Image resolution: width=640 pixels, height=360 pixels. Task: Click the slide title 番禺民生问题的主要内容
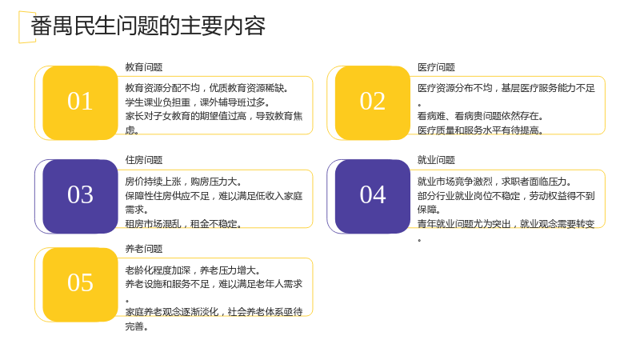coord(148,26)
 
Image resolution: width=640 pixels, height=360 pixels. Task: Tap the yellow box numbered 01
coord(81,103)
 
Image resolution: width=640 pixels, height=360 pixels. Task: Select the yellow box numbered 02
coord(373,103)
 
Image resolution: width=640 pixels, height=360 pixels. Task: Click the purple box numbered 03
coord(81,196)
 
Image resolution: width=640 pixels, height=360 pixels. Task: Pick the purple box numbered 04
coord(373,196)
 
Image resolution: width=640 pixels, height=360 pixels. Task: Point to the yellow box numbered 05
coord(81,285)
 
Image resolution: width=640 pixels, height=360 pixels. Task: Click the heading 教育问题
coord(144,67)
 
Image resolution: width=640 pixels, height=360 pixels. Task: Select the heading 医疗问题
coord(436,67)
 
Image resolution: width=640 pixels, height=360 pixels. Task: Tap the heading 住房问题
coord(144,160)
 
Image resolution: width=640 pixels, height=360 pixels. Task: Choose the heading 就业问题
coord(436,160)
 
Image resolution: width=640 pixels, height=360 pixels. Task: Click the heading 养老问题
coord(144,249)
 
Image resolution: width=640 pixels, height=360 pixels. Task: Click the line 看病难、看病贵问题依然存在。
coord(480,116)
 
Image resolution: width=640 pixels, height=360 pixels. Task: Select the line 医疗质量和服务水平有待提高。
coord(480,130)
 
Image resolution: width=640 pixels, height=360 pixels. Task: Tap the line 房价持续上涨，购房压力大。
coord(184,182)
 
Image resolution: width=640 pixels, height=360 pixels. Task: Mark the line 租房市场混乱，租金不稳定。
coord(184,224)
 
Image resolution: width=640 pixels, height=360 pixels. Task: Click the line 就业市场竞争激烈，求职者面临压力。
coord(494,182)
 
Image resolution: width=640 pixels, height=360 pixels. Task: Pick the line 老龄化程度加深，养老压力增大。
coord(193,270)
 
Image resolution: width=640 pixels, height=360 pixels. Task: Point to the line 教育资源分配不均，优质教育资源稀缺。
coord(206,88)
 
